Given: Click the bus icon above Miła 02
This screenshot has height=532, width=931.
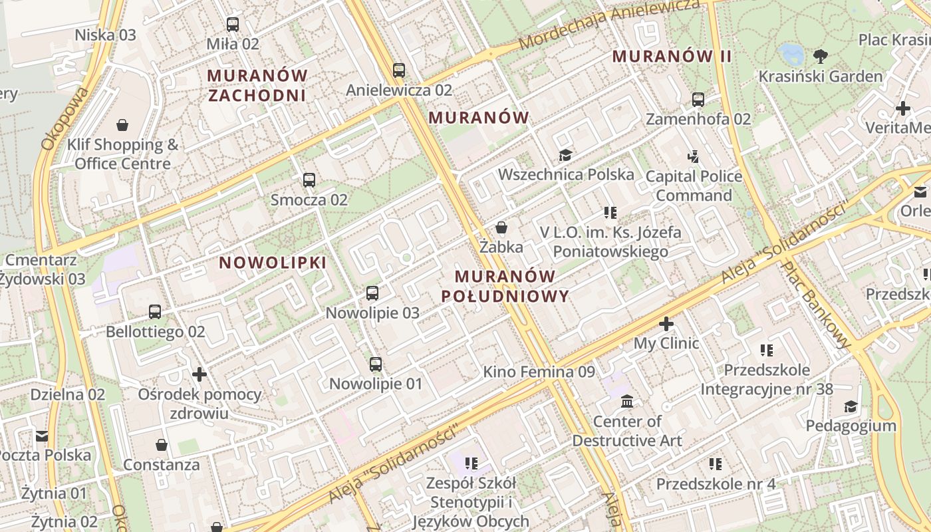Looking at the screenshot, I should click(232, 25).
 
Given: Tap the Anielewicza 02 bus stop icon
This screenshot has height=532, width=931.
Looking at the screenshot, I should click(399, 70).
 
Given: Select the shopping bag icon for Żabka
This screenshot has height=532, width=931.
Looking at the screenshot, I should click(501, 227).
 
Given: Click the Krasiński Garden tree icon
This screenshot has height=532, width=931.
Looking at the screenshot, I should click(821, 56).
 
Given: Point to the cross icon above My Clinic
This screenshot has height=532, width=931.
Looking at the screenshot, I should click(666, 324).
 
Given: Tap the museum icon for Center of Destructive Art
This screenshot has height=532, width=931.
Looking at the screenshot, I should click(627, 402).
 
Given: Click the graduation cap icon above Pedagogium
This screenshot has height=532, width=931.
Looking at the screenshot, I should click(851, 406).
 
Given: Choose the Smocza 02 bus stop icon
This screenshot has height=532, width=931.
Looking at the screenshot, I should click(309, 180).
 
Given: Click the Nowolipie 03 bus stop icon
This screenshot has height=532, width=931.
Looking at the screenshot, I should click(372, 293).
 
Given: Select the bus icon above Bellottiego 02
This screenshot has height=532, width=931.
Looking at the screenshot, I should click(155, 311).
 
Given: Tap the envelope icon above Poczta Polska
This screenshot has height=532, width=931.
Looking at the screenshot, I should click(42, 436).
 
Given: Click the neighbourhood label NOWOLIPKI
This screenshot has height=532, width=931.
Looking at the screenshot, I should click(273, 263).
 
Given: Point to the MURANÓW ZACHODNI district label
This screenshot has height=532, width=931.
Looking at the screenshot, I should click(257, 85).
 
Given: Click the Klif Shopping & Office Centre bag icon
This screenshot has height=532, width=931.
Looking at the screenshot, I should click(122, 125).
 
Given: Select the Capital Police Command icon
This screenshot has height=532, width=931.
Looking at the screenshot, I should click(694, 157).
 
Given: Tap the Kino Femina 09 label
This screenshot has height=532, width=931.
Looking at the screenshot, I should click(539, 372).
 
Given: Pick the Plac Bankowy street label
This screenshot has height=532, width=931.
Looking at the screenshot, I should click(816, 304).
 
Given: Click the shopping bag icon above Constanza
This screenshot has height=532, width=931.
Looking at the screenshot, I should click(161, 444).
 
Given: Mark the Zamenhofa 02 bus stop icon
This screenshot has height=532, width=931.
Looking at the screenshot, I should click(698, 100).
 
